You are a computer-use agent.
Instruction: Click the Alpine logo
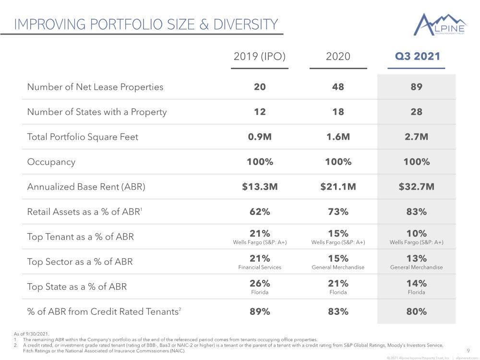pyautogui.click(x=440, y=24)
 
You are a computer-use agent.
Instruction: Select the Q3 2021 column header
pyautogui.click(x=417, y=56)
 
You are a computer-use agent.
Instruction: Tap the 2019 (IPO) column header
pyautogui.click(x=260, y=56)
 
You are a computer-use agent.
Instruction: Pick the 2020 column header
pyautogui.click(x=338, y=56)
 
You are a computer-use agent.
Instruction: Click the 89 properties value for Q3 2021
pyautogui.click(x=416, y=87)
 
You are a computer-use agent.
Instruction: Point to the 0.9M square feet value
pyautogui.click(x=260, y=137)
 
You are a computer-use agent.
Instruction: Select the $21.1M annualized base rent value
pyautogui.click(x=338, y=187)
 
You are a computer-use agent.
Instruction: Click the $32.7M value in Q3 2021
pyautogui.click(x=416, y=187)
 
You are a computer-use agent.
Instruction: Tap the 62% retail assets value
pyautogui.click(x=260, y=212)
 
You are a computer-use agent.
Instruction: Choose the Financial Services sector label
pyautogui.click(x=260, y=267)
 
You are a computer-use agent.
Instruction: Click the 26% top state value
pyautogui.click(x=260, y=284)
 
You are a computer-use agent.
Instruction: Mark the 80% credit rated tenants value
pyautogui.click(x=416, y=312)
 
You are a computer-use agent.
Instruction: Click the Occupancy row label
pyautogui.click(x=51, y=162)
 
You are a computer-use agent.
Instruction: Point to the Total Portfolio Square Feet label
pyautogui.click(x=83, y=137)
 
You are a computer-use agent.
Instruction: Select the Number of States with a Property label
pyautogui.click(x=97, y=112)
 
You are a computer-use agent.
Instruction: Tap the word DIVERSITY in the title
pyautogui.click(x=245, y=24)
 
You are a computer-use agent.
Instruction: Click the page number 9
pyautogui.click(x=468, y=351)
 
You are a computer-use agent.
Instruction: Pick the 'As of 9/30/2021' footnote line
pyautogui.click(x=31, y=334)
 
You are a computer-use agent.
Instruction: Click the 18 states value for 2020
pyautogui.click(x=338, y=112)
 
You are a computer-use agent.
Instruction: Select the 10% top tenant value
pyautogui.click(x=416, y=234)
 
